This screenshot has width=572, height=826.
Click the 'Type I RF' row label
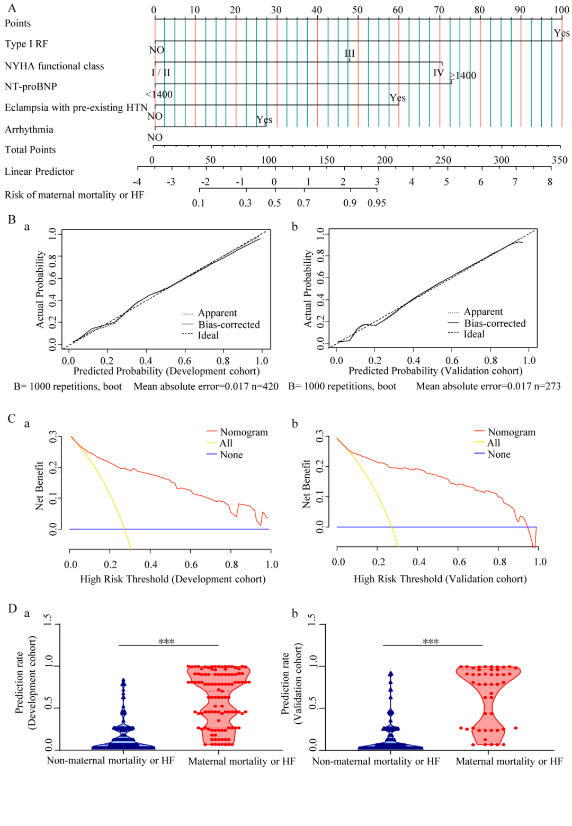(26, 44)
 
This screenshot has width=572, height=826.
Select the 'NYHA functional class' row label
(54, 66)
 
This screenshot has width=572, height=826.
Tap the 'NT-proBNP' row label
(31, 86)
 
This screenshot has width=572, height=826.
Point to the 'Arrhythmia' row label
(29, 130)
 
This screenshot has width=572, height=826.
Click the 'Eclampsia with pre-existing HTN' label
(76, 108)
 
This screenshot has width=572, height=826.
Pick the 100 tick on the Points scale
(561, 10)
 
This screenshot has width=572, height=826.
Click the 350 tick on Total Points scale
(559, 160)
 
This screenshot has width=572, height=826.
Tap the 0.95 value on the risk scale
(377, 203)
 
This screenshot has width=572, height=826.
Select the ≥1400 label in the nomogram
(463, 76)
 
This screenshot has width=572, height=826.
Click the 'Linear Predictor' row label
(39, 172)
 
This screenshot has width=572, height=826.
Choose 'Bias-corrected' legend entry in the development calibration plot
(229, 325)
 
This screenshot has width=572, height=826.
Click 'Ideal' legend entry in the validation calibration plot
(474, 334)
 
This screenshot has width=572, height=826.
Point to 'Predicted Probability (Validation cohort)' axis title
(435, 371)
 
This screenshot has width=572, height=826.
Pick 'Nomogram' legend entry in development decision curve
(244, 432)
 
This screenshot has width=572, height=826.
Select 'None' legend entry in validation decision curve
(499, 455)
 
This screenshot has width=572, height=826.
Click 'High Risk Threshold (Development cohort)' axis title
(173, 579)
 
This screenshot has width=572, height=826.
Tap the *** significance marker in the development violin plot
(166, 642)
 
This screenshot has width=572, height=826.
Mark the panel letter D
(13, 608)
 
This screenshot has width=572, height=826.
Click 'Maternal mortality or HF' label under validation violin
(509, 761)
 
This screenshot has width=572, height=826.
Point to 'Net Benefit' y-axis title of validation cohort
(306, 484)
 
